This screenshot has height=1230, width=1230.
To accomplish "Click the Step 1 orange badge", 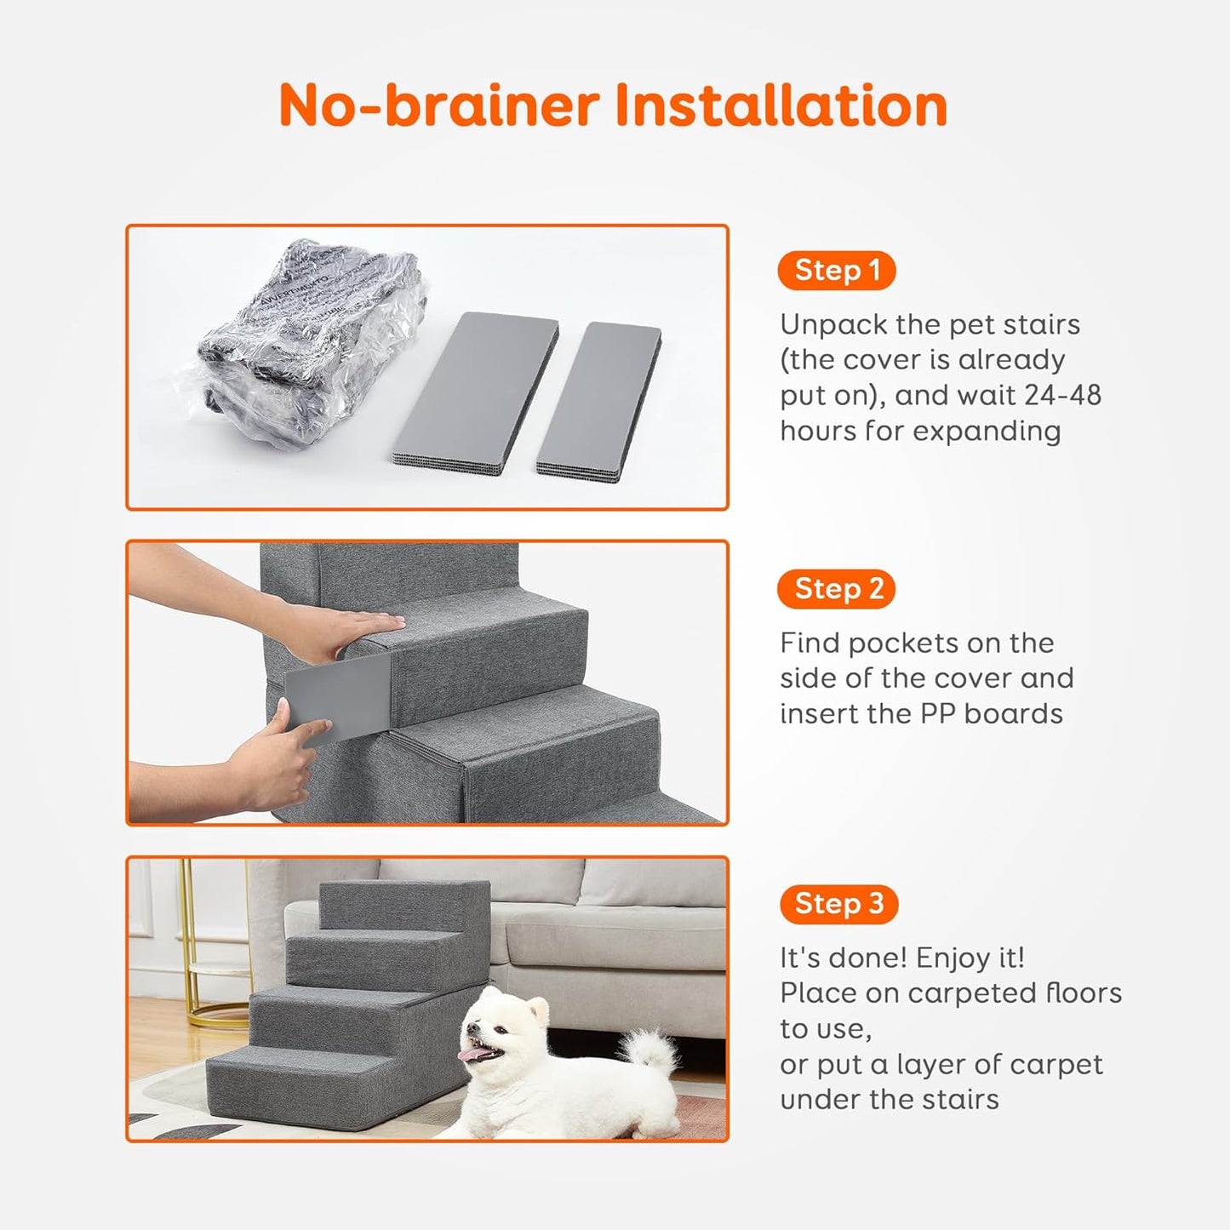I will (x=837, y=271).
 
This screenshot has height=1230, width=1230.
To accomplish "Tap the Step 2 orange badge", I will (x=837, y=589).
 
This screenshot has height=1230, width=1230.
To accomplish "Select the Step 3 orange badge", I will (x=838, y=904).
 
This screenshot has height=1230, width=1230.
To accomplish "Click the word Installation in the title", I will (x=781, y=106).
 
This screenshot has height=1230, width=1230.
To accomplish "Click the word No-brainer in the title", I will (x=439, y=106).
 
